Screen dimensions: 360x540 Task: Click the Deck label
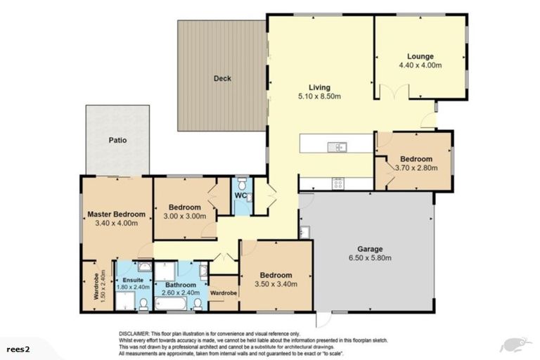click(222, 79)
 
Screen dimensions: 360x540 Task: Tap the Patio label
click(117, 140)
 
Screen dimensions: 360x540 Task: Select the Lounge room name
click(420, 56)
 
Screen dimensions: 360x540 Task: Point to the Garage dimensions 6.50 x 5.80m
click(370, 258)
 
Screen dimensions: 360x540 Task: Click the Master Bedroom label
click(116, 214)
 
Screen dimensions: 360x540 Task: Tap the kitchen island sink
click(335, 147)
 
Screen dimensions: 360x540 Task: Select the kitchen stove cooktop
click(337, 184)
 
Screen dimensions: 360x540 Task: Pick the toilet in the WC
click(240, 182)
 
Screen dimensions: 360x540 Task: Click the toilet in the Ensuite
click(143, 303)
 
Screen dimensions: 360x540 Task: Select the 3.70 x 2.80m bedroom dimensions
click(416, 168)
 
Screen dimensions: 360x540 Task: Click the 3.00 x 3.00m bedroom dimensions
click(184, 217)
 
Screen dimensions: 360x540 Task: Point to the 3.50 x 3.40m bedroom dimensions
click(275, 285)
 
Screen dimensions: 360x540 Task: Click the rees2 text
click(18, 347)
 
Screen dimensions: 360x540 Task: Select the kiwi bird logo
click(514, 345)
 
